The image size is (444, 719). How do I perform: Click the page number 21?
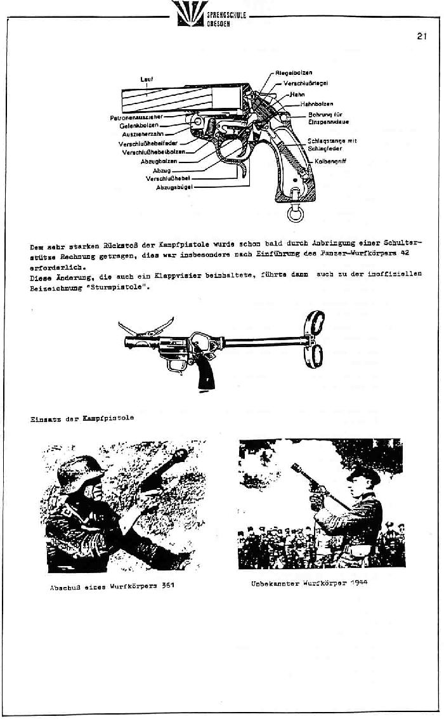[422, 36]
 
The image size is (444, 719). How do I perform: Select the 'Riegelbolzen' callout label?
[292, 72]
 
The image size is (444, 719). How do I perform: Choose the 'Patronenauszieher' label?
[136, 117]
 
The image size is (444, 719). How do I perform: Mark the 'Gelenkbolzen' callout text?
[143, 125]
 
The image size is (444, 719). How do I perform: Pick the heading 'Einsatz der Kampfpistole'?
[82, 418]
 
